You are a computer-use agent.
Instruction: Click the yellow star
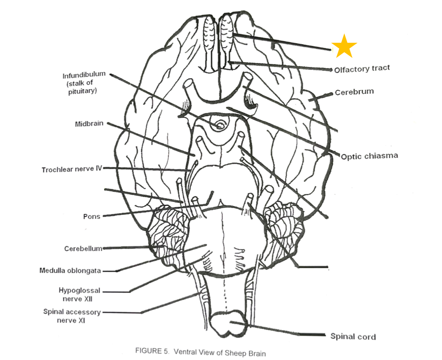(344, 46)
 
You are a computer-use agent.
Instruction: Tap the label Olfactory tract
(362, 69)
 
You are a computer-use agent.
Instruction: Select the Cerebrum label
(354, 92)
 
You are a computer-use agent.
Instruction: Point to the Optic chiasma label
(369, 156)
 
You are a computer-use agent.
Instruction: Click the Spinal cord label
(353, 336)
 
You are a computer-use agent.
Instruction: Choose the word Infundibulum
(84, 75)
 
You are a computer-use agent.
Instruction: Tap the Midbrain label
(89, 124)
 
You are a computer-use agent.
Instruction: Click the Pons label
(91, 216)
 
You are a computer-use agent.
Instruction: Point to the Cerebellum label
(83, 249)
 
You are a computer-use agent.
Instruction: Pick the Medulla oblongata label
(70, 270)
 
